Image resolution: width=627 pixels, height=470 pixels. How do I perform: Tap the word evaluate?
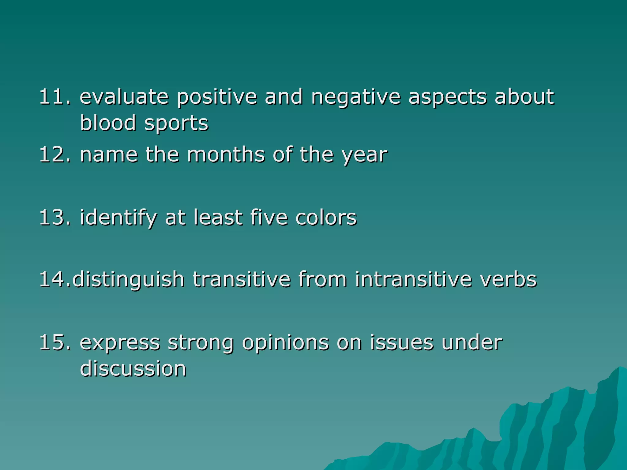click(x=124, y=97)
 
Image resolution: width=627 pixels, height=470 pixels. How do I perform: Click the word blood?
click(x=108, y=123)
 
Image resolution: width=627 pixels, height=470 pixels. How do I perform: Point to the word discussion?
click(x=133, y=368)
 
